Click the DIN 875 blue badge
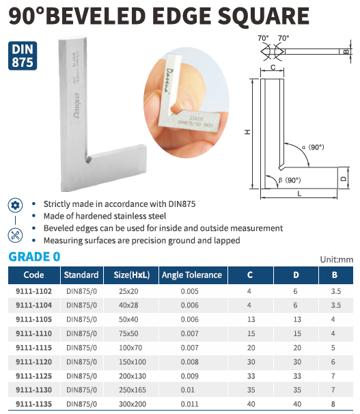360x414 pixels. [x=23, y=56]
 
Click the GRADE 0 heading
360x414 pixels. [x=34, y=257]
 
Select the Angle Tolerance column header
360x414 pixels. [x=192, y=275]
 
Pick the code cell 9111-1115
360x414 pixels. [x=33, y=348]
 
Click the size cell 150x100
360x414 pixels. [x=133, y=361]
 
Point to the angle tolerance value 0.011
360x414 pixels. [x=189, y=404]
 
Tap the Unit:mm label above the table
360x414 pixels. [x=337, y=260]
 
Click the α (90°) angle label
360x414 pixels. [x=313, y=147]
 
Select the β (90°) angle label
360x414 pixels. [x=290, y=180]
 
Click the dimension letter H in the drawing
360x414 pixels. [x=247, y=132]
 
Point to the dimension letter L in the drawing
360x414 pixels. [x=299, y=194]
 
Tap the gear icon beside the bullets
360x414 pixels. [x=15, y=205]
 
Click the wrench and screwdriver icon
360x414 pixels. [x=15, y=235]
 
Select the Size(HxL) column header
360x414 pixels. [x=132, y=275]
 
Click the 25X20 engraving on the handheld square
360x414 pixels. [x=196, y=118]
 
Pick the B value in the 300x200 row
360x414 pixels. [x=333, y=404]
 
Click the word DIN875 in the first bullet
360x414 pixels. [x=182, y=204]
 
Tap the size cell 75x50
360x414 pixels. [x=128, y=333]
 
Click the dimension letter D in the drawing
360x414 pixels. [x=343, y=179]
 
